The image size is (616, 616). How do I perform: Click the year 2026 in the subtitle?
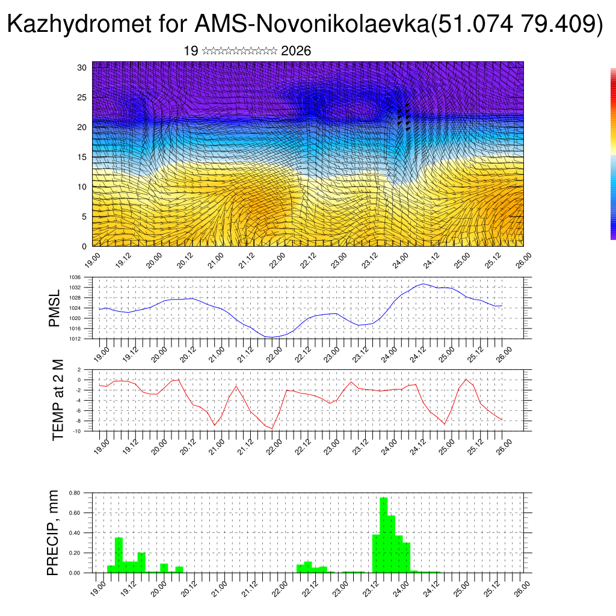tap(296, 51)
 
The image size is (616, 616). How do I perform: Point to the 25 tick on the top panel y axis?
tap(82, 97)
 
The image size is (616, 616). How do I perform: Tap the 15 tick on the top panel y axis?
tap(82, 157)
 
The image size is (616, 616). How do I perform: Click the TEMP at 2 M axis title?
tap(58, 399)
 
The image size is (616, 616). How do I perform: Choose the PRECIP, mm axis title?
tap(54, 532)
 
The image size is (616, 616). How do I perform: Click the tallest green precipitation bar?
tap(383, 535)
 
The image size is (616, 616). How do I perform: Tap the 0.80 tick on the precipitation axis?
tap(74, 493)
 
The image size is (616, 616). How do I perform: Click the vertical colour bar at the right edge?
tap(613, 154)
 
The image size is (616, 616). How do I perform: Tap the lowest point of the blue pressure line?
tap(271, 337)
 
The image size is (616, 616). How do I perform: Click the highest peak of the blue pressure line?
tap(423, 283)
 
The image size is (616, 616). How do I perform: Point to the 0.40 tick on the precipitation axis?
tap(74, 533)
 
